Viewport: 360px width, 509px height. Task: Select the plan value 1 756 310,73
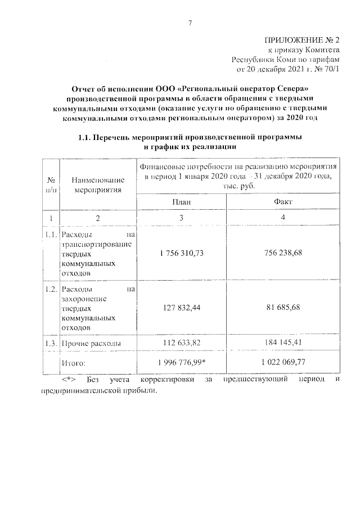click(x=181, y=253)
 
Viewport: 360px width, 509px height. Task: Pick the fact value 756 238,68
click(x=283, y=253)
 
